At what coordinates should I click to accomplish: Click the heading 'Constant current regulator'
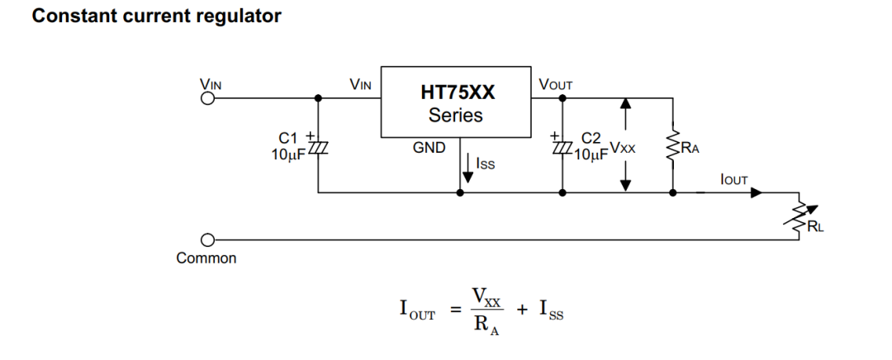pyautogui.click(x=156, y=16)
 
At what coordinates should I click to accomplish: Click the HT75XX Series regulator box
pyautogui.click(x=455, y=102)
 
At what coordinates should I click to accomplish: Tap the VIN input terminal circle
pyautogui.click(x=208, y=98)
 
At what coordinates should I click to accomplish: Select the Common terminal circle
pyautogui.click(x=208, y=240)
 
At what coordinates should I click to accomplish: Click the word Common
pyautogui.click(x=206, y=258)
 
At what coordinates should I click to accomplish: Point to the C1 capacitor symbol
pyautogui.click(x=319, y=147)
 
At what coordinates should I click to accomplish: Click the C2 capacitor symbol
pyautogui.click(x=562, y=147)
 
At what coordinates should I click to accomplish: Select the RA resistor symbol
pyautogui.click(x=673, y=145)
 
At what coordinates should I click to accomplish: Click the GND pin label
pyautogui.click(x=429, y=147)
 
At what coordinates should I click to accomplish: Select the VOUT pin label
pyautogui.click(x=555, y=84)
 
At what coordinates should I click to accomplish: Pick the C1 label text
pyautogui.click(x=288, y=138)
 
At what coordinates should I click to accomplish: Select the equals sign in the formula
pyautogui.click(x=453, y=310)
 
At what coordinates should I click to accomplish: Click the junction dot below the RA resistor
pyautogui.click(x=673, y=192)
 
